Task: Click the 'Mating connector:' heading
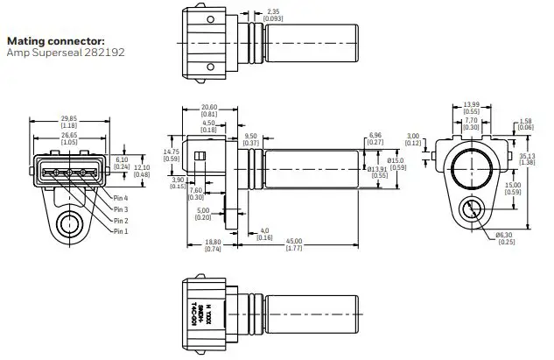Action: click(x=55, y=40)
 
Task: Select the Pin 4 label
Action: click(x=122, y=200)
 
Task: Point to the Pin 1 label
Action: click(x=122, y=231)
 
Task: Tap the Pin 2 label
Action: click(x=122, y=221)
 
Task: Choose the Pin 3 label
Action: click(x=122, y=210)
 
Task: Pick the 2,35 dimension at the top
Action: click(x=274, y=11)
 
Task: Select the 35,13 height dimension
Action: click(x=526, y=158)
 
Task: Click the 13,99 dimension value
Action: click(x=471, y=104)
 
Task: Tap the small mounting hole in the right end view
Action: click(x=471, y=210)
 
